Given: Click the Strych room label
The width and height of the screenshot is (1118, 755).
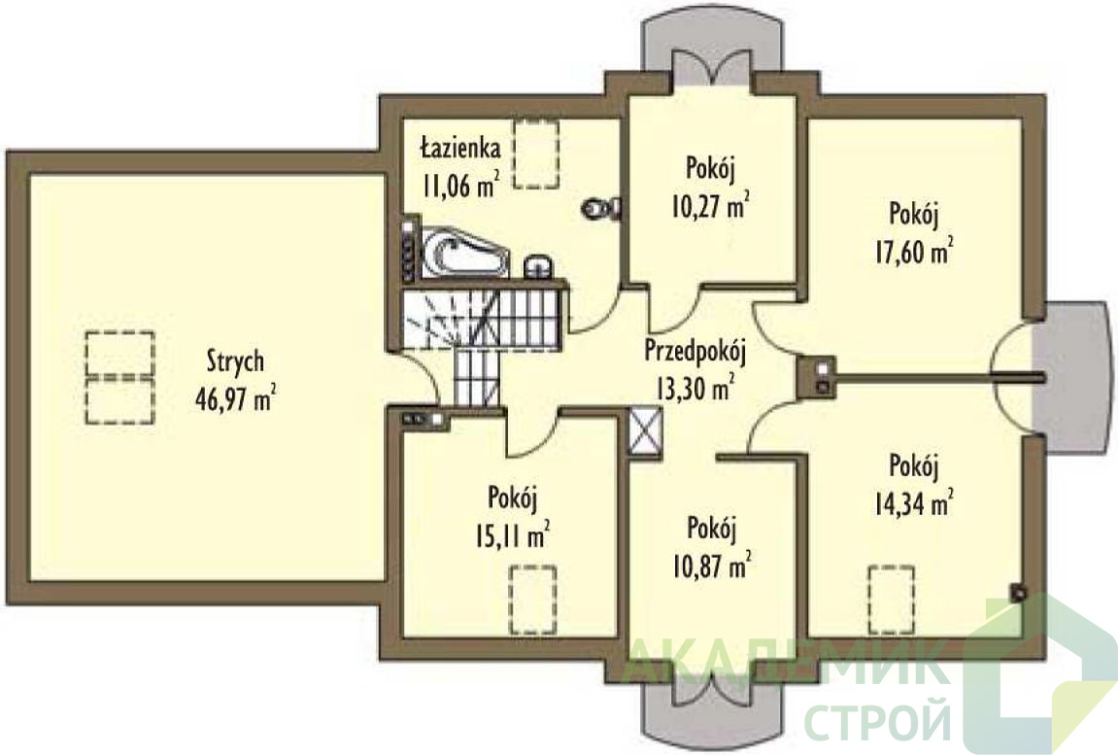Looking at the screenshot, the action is pyautogui.click(x=235, y=361).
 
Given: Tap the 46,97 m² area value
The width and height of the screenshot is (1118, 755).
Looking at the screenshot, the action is pyautogui.click(x=235, y=398).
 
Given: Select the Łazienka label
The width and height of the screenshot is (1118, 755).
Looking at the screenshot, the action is pyautogui.click(x=459, y=149).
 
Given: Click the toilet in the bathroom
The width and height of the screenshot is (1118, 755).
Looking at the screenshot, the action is pyautogui.click(x=601, y=208).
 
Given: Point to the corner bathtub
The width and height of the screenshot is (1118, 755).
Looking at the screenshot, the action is pyautogui.click(x=463, y=253).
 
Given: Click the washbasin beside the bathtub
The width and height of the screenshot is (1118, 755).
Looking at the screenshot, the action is pyautogui.click(x=539, y=266).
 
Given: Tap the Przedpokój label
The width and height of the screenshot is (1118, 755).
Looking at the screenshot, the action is pyautogui.click(x=695, y=351).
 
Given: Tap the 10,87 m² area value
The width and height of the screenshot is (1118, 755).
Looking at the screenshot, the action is pyautogui.click(x=712, y=566).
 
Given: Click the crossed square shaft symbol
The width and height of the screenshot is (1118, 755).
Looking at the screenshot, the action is pyautogui.click(x=646, y=429).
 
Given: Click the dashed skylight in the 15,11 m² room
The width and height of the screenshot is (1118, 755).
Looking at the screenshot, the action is pyautogui.click(x=532, y=599).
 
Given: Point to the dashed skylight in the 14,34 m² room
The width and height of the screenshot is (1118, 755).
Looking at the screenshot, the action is pyautogui.click(x=892, y=599).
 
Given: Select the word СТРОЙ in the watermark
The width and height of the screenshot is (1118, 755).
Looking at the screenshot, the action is pyautogui.click(x=878, y=721).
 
